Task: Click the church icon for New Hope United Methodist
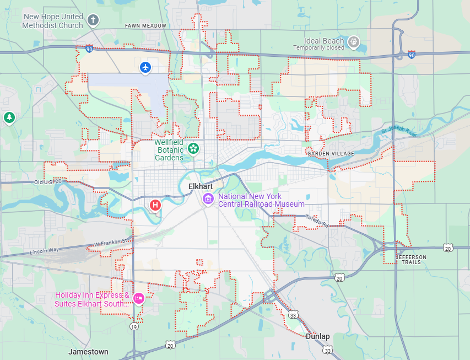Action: tap(93, 21)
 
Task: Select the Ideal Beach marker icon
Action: tap(353, 41)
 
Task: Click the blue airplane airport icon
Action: tap(145, 67)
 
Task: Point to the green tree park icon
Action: tap(9, 117)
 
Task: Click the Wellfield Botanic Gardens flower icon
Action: tap(193, 148)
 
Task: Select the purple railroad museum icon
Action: tap(208, 198)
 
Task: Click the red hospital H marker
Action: tap(155, 205)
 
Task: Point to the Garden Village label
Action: tap(331, 153)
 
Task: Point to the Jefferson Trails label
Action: tap(410, 259)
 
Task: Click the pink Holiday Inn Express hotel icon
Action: tap(138, 298)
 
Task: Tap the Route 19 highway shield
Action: tap(134, 327)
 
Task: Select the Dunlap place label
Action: tap(317, 336)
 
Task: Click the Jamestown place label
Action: tap(88, 351)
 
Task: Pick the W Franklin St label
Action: tap(113, 241)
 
